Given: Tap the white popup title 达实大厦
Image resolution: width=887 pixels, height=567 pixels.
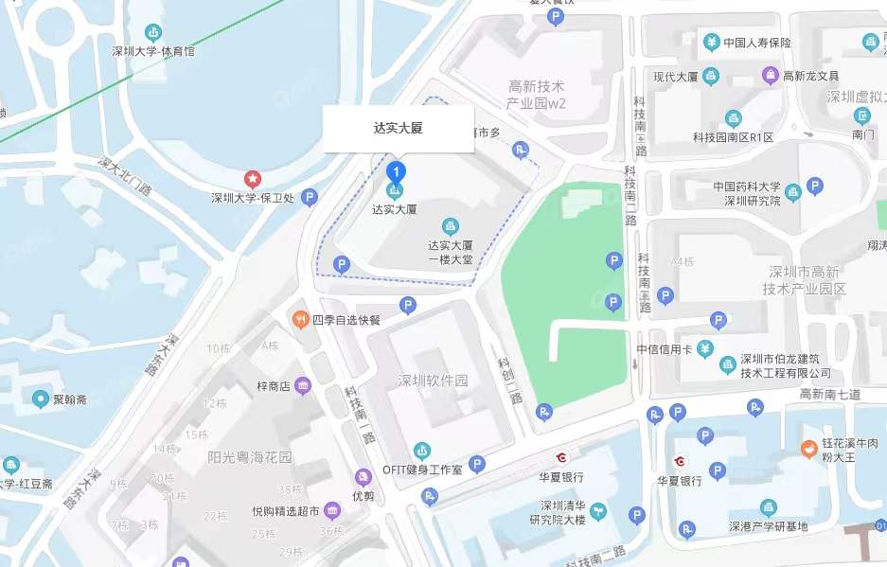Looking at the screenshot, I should click(399, 129).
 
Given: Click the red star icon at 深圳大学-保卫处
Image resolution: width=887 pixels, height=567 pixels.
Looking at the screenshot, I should click(253, 178).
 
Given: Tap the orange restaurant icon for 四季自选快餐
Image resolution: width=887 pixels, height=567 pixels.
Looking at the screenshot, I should click(300, 319).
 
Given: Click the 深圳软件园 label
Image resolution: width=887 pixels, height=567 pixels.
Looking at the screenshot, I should click(434, 381).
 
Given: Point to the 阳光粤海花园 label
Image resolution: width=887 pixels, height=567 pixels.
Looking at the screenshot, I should click(250, 457).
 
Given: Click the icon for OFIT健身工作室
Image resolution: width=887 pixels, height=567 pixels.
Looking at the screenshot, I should click(421, 450).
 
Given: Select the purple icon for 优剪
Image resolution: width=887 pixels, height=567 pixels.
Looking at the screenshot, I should click(363, 477).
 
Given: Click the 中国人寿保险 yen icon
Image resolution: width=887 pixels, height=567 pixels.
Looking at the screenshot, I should click(712, 42).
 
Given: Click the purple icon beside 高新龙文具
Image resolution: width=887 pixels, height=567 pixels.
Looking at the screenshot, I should click(771, 76).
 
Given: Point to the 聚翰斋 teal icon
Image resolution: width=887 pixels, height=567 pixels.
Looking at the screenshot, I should click(41, 399).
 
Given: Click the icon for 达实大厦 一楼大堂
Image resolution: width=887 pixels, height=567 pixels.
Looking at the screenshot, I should click(451, 225).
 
